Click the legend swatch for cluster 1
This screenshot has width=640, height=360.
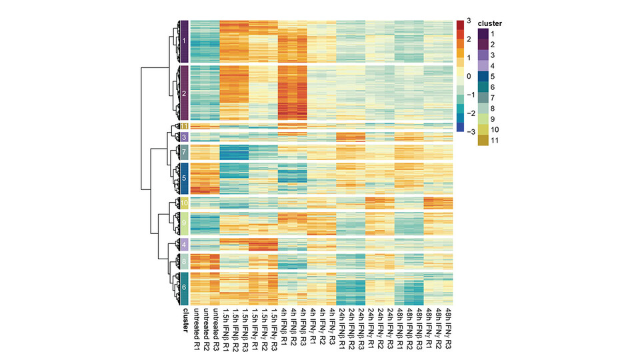click(482, 33)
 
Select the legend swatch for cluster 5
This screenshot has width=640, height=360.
click(482, 76)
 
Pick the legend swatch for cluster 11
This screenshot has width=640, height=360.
click(482, 140)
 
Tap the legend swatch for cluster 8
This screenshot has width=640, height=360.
click(482, 108)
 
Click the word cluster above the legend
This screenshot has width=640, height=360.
click(490, 23)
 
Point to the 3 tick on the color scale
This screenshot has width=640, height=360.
click(469, 21)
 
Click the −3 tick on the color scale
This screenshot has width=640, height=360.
click(469, 132)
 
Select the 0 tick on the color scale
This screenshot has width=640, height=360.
click(469, 77)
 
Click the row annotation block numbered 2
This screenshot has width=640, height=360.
click(184, 93)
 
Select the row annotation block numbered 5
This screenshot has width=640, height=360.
click(184, 178)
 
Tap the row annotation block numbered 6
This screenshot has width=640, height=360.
click(184, 288)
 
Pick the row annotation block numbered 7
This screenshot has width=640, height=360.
click(184, 153)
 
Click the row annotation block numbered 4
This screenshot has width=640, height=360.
click(184, 244)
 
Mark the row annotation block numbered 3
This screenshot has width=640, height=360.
click(184, 137)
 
